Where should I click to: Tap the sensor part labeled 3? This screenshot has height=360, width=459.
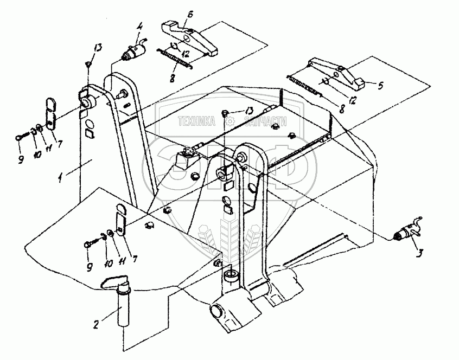tap(405, 232)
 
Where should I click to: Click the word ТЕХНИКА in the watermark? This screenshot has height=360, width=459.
tap(197, 121)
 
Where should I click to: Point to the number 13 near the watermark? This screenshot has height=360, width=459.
tap(248, 111)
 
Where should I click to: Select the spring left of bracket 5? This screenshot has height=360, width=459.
tap(307, 86)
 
